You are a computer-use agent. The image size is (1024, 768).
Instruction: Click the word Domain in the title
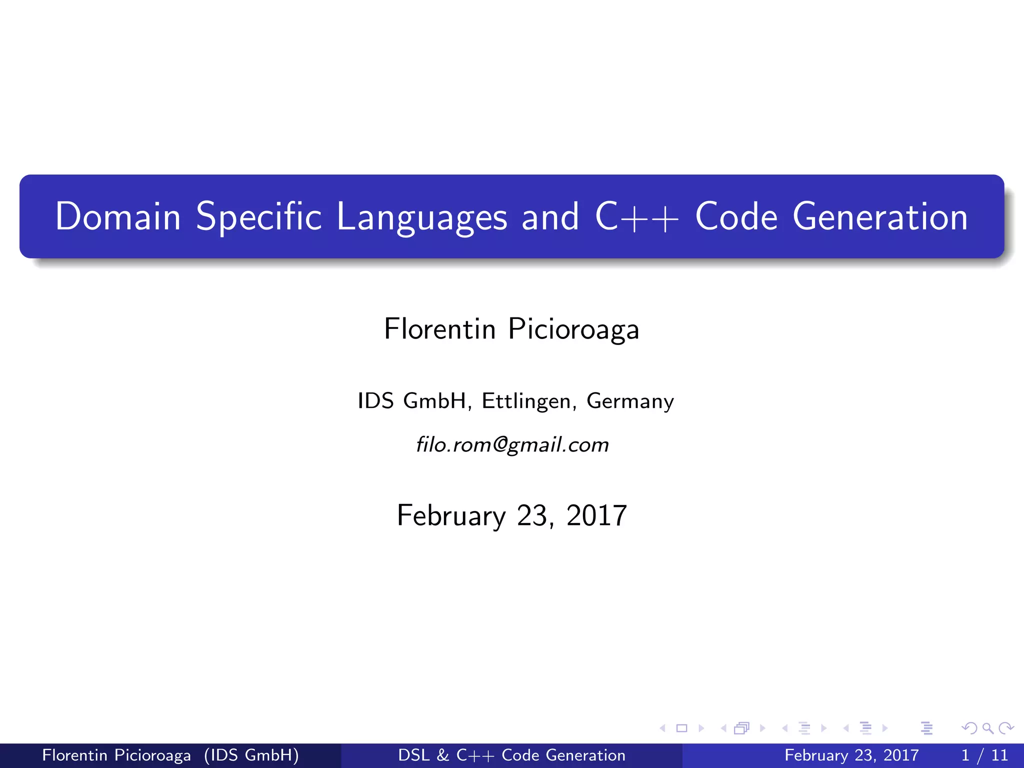(117, 216)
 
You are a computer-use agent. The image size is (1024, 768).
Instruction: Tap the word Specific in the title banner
(258, 216)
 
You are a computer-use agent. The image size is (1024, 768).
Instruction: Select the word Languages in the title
(421, 216)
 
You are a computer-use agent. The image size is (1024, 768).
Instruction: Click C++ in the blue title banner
(636, 216)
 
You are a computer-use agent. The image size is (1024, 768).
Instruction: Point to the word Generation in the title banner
(880, 216)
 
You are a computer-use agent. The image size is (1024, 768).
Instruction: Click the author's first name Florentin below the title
(439, 329)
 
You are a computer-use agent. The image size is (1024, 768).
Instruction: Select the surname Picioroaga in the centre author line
(573, 329)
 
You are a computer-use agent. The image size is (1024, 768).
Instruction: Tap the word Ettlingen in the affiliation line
(526, 401)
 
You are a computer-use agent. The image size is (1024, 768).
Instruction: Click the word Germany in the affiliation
(630, 401)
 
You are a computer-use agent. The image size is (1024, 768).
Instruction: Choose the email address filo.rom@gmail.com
(512, 444)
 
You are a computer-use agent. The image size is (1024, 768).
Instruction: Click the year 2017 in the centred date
(596, 515)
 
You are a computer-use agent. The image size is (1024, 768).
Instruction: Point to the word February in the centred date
(451, 515)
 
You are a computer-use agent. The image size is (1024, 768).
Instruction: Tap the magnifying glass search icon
(987, 728)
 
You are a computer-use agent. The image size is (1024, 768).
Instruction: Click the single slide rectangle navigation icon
(681, 728)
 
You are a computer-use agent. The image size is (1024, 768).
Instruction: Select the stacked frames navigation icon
(741, 728)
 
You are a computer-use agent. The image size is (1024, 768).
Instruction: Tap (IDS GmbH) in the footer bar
(251, 755)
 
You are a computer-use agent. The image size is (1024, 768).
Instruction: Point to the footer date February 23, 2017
(851, 755)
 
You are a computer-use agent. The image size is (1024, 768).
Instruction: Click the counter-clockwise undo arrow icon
(969, 728)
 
